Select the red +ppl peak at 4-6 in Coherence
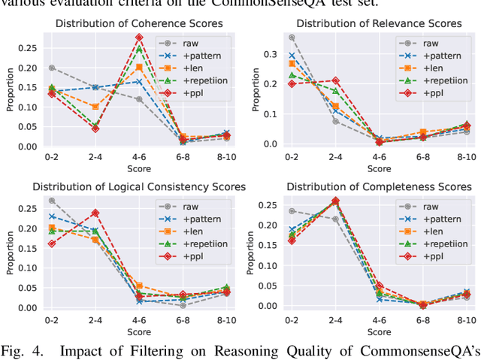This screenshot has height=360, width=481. click(138, 37)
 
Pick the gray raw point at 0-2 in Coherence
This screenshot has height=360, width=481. click(51, 68)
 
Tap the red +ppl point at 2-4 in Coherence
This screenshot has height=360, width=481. click(95, 129)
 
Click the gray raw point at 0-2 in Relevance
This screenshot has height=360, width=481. click(292, 37)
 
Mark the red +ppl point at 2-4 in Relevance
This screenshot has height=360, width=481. click(335, 80)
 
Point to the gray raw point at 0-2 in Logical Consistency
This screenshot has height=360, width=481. click(51, 201)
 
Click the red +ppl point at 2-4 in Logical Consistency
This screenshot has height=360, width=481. click(95, 213)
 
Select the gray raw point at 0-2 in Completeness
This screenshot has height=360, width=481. click(292, 211)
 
